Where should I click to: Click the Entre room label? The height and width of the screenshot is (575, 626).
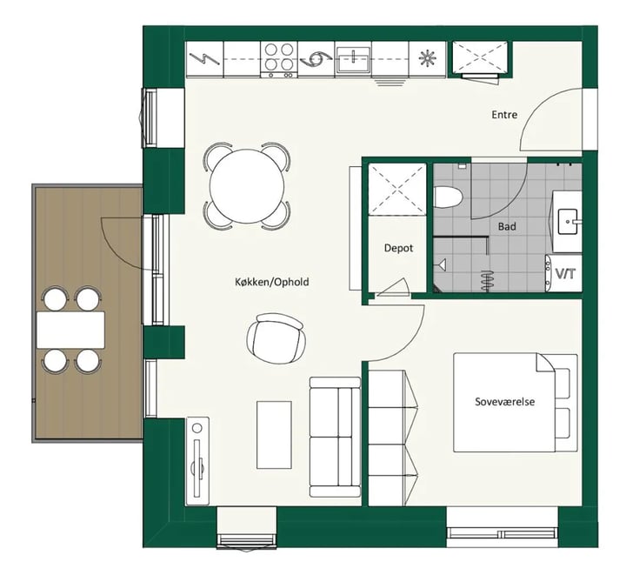[x=504, y=115]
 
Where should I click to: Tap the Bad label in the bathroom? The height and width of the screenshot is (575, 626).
[x=507, y=226]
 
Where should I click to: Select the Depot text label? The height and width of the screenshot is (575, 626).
[x=398, y=248]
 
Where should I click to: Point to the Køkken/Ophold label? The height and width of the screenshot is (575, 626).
[x=271, y=282]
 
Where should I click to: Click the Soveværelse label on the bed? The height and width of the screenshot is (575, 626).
[x=504, y=401]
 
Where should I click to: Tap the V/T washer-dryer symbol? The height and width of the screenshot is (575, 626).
[x=566, y=274]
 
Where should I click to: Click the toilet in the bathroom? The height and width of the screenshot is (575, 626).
[x=448, y=197]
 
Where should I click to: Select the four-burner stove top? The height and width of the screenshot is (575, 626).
[x=279, y=59]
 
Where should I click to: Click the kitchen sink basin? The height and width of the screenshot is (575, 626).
[x=353, y=59]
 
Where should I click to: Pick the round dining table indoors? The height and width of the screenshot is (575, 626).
[x=247, y=186]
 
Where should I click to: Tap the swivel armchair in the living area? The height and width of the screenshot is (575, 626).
[x=276, y=338]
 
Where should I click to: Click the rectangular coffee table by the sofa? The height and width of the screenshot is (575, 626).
[x=274, y=435]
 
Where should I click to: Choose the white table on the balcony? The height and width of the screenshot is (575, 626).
[x=70, y=330]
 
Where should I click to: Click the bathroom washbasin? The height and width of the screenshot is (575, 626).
[x=567, y=222]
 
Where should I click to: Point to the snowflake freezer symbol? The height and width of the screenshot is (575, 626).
[x=427, y=59]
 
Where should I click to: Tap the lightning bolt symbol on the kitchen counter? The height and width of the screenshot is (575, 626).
[x=204, y=59]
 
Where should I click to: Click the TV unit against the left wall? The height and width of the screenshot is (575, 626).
[x=197, y=461]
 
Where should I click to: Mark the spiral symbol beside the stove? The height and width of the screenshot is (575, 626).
[x=316, y=59]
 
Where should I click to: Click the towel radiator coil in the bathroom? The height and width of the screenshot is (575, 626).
[x=486, y=280]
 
